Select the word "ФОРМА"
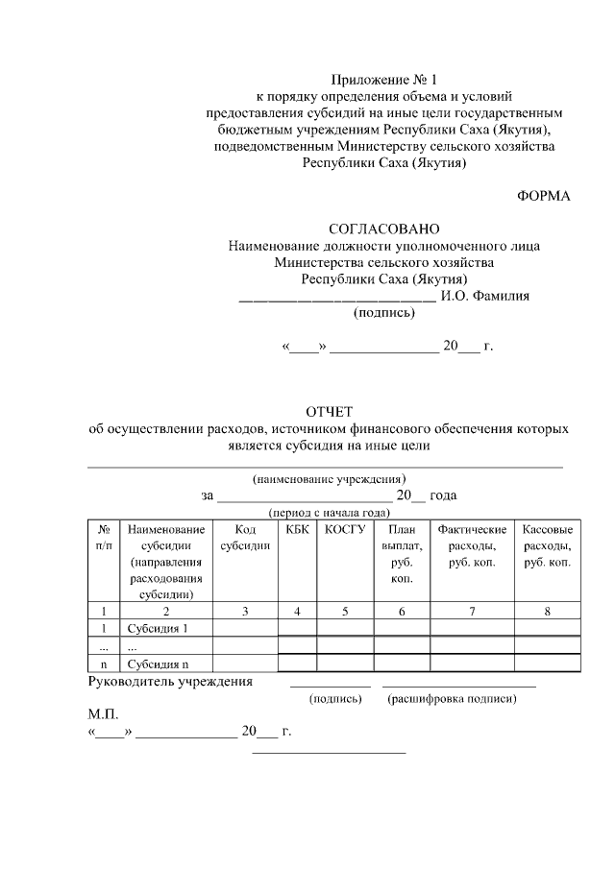pyautogui.click(x=544, y=197)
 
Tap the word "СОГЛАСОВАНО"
pyautogui.click(x=383, y=229)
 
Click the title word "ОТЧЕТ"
pyautogui.click(x=331, y=413)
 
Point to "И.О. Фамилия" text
pyautogui.click(x=484, y=296)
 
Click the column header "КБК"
pyautogui.click(x=298, y=529)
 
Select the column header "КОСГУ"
pyautogui.click(x=345, y=529)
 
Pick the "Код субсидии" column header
pyautogui.click(x=245, y=538)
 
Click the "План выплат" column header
pyautogui.click(x=402, y=554)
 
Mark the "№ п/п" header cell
pyautogui.click(x=103, y=538)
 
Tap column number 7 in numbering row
pyautogui.click(x=472, y=610)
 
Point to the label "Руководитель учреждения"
pyautogui.click(x=170, y=682)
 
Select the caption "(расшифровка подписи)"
pyautogui.click(x=452, y=699)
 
